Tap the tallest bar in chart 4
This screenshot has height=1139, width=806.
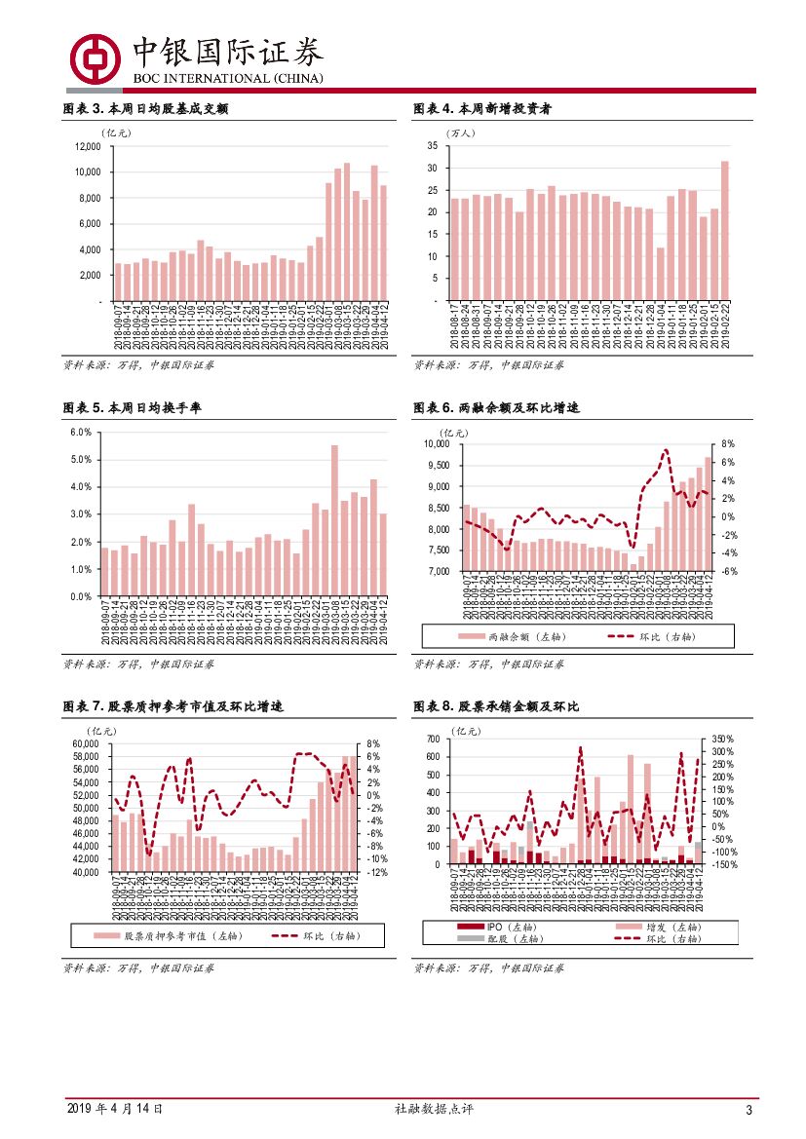pyautogui.click(x=724, y=231)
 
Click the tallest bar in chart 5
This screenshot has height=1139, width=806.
pyautogui.click(x=334, y=520)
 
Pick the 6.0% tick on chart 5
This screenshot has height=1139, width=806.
pyautogui.click(x=81, y=432)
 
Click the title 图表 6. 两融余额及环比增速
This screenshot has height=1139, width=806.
pyautogui.click(x=496, y=408)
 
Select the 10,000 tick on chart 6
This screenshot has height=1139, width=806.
pyautogui.click(x=434, y=444)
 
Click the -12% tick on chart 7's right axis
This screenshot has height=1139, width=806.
pyautogui.click(x=378, y=872)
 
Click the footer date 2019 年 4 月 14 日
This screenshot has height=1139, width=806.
pyautogui.click(x=114, y=1109)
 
